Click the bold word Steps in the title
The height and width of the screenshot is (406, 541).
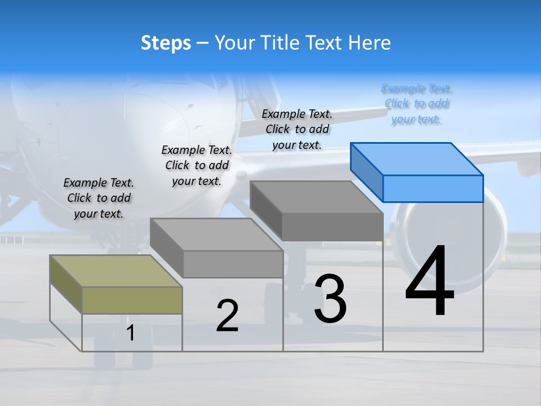tap(166, 43)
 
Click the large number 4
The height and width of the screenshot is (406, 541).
tap(429, 281)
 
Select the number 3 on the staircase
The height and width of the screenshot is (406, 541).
tap(330, 299)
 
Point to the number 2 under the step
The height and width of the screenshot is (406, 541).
tap(227, 316)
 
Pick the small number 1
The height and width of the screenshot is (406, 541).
tap(131, 333)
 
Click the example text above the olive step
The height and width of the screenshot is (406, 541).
tap(99, 198)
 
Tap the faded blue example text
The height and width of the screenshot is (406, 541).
tap(416, 104)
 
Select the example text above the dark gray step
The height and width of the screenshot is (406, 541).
tap(297, 129)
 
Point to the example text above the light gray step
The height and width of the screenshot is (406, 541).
tap(197, 165)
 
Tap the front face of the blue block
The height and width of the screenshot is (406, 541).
tap(433, 188)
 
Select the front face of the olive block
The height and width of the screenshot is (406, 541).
tap(132, 300)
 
